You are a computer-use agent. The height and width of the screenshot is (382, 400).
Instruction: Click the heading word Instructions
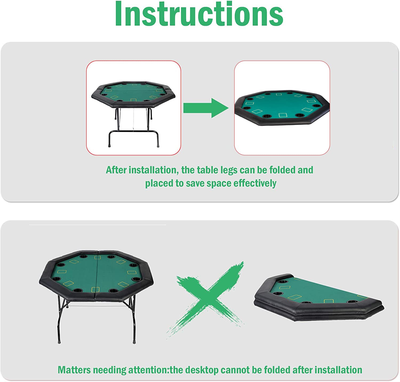click(x=199, y=14)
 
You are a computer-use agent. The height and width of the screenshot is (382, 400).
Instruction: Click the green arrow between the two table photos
click(x=206, y=108)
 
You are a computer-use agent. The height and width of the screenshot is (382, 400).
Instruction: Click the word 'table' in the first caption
click(x=208, y=170)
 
